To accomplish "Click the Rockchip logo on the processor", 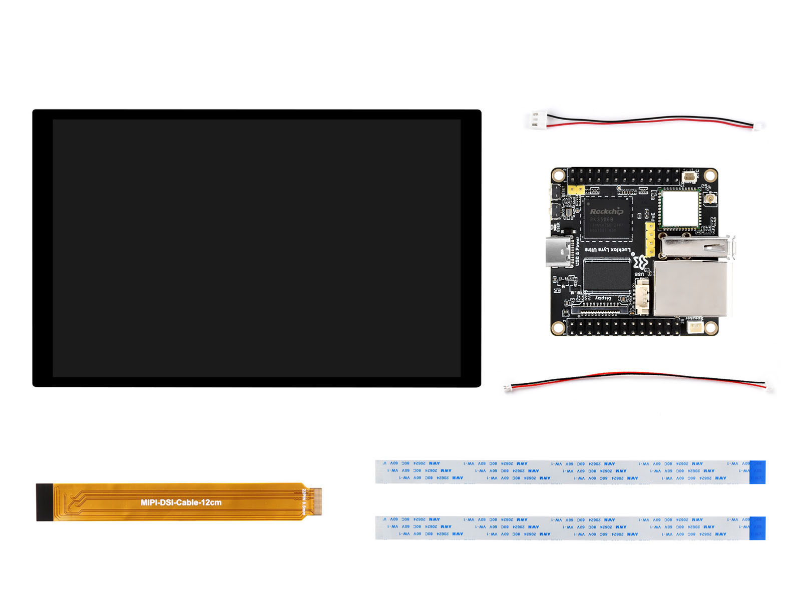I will pos(606,211).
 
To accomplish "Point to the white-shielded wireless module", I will pos(679,209).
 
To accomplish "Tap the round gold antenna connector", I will pos(709,199).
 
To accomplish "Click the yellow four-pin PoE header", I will pos(650,239).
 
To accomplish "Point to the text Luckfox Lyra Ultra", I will pos(608,249).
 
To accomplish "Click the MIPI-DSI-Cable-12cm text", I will pos(181,502).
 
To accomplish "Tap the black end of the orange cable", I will pos(44,502).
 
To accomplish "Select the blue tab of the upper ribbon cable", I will pos(757,472).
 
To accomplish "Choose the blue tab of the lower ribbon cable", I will pos(757,528).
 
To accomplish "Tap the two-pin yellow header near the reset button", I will pos(576,190).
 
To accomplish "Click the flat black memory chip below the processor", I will pos(607,275).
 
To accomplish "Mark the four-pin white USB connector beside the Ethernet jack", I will pos(642,296).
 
